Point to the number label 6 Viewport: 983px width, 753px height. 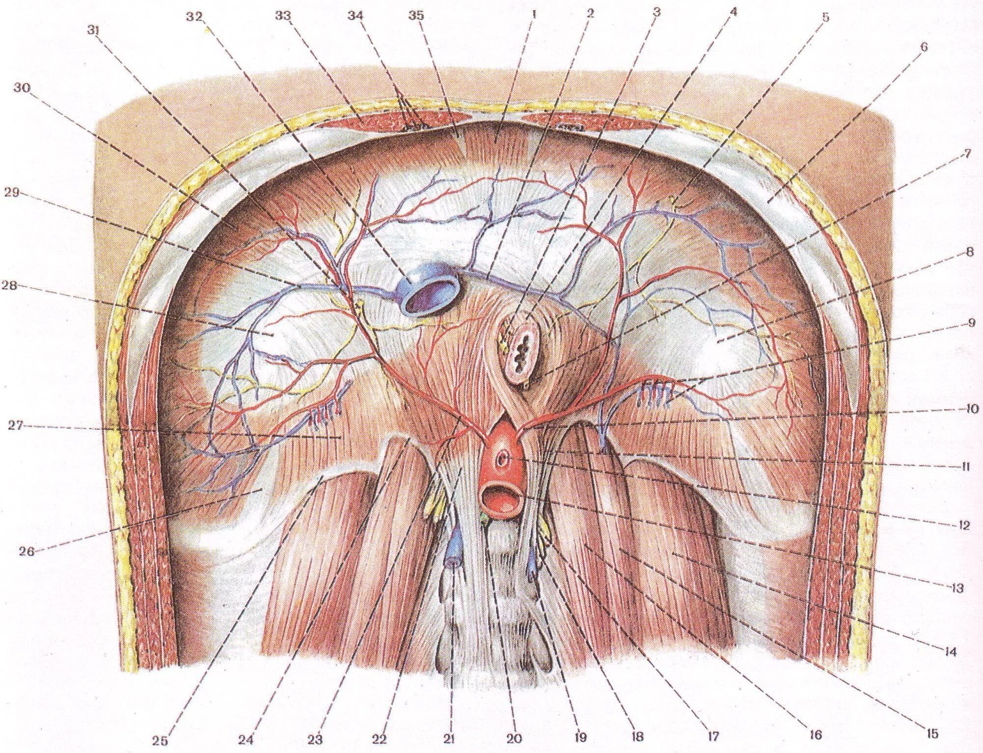pos(924,47)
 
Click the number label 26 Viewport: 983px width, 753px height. pos(27,552)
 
